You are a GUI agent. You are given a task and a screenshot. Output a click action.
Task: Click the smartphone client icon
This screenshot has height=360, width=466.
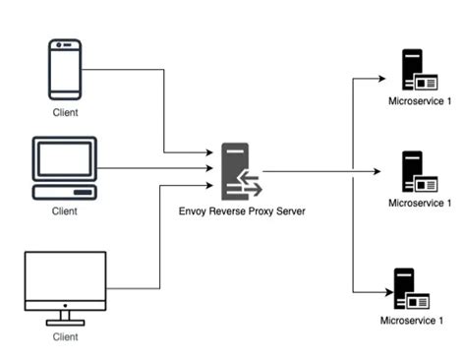tap(64, 69)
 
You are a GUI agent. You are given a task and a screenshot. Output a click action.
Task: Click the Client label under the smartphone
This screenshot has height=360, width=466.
tap(65, 112)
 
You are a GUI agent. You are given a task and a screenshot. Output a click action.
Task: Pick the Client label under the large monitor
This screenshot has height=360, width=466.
tap(65, 337)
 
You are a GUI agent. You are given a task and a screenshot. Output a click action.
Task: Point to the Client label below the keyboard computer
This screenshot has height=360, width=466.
tap(65, 211)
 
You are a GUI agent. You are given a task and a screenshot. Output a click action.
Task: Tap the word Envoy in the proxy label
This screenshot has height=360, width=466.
tap(194, 210)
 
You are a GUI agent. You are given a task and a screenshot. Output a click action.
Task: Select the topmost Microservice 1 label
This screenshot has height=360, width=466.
tap(420, 100)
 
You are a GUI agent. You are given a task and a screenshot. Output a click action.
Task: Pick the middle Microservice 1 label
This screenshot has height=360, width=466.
tap(420, 203)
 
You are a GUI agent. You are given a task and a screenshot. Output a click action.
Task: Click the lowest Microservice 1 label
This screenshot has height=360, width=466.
tap(413, 321)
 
